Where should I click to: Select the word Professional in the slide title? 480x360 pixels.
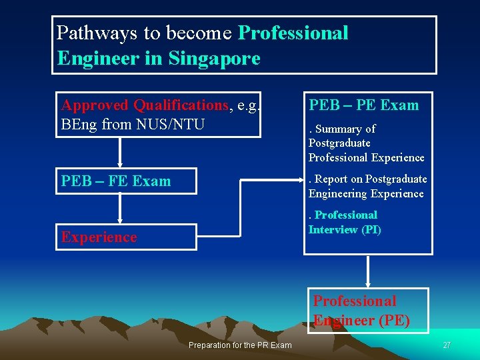coord(293,33)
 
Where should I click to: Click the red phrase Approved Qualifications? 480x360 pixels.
coord(145,105)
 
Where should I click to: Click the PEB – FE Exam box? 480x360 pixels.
coord(126,181)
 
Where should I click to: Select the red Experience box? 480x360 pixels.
coord(126,237)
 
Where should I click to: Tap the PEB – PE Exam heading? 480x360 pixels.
coord(363,105)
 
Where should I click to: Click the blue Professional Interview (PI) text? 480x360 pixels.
coord(344,222)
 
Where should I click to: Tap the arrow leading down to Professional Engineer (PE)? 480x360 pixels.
coord(368,271)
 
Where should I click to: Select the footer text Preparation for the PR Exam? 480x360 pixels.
coord(240,345)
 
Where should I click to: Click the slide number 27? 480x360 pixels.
coord(447,345)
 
